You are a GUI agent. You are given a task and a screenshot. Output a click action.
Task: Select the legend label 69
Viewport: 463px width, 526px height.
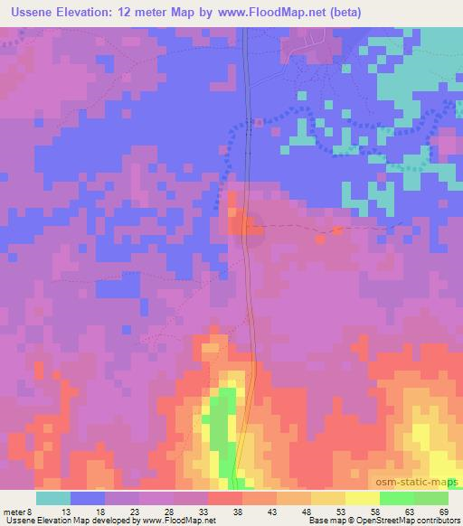pyautogui.click(x=449, y=511)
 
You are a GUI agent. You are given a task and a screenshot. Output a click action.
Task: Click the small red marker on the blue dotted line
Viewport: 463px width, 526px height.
pyautogui.click(x=260, y=122)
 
